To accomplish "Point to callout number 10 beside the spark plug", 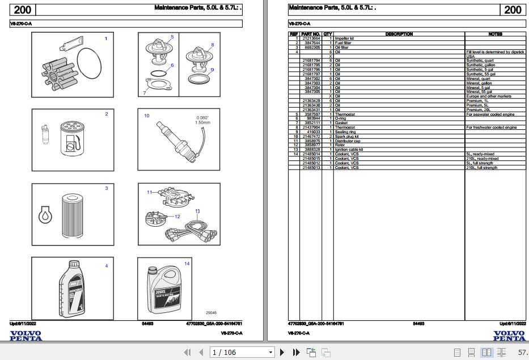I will point(146,116).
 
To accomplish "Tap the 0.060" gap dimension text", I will point(202,117).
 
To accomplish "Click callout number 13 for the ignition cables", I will point(197,211).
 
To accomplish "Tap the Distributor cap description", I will point(348,141).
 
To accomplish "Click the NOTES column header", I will point(495,34).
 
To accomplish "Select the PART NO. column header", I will point(311,34).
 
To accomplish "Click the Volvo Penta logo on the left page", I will point(26,336).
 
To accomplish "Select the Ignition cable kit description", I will point(349,149).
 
